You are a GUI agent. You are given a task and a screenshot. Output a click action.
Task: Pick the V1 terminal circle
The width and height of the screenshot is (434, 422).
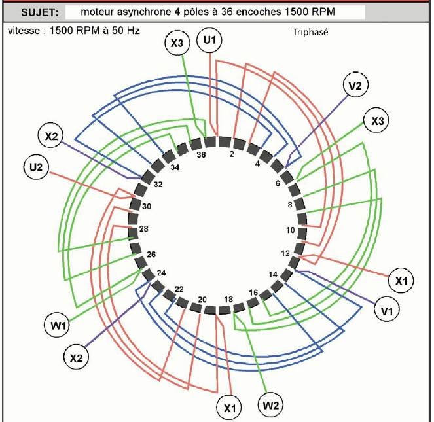tap(388, 310)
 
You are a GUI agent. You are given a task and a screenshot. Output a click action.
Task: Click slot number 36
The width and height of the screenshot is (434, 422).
tap(202, 155)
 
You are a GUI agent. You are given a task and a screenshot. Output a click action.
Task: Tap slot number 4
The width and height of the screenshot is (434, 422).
tap(257, 164)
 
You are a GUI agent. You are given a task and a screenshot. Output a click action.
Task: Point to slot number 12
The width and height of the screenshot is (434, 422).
tap(285, 253)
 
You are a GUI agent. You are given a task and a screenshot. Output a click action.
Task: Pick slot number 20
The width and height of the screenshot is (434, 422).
tap(202, 300)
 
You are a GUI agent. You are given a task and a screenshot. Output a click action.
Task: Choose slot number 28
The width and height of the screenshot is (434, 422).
tap(144, 229)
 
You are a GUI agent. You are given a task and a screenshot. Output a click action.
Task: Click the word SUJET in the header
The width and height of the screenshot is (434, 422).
tap(39, 12)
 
